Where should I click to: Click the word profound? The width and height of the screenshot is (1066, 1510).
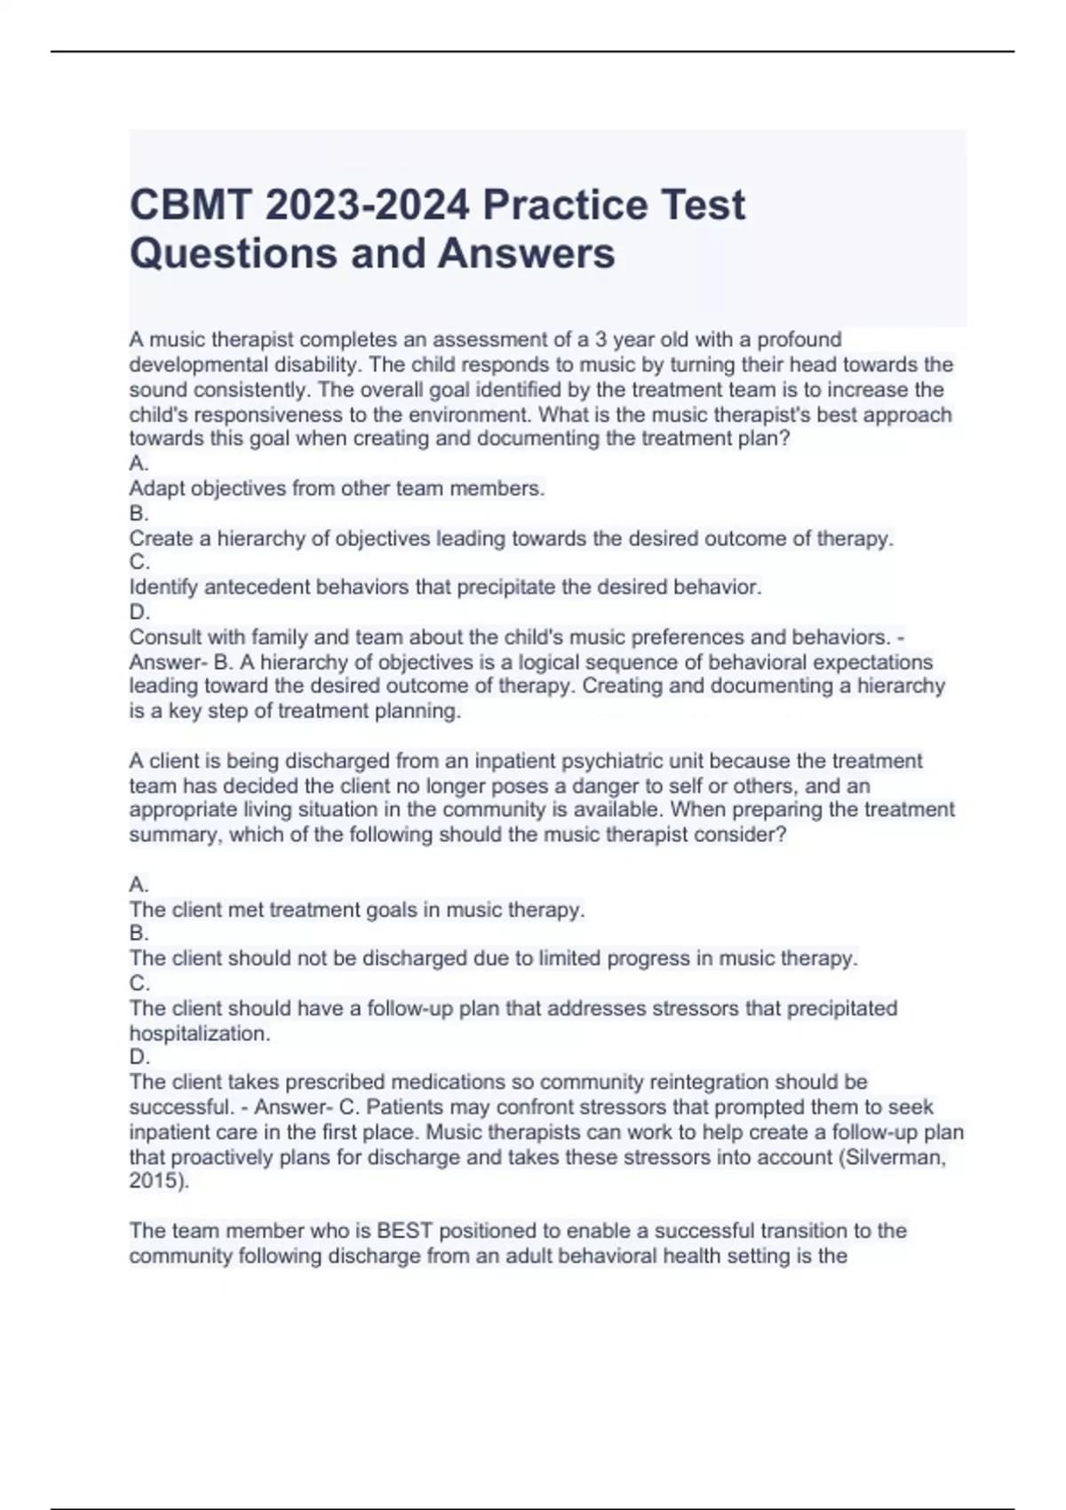[799, 340]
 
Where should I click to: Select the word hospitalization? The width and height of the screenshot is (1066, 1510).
[199, 1034]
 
